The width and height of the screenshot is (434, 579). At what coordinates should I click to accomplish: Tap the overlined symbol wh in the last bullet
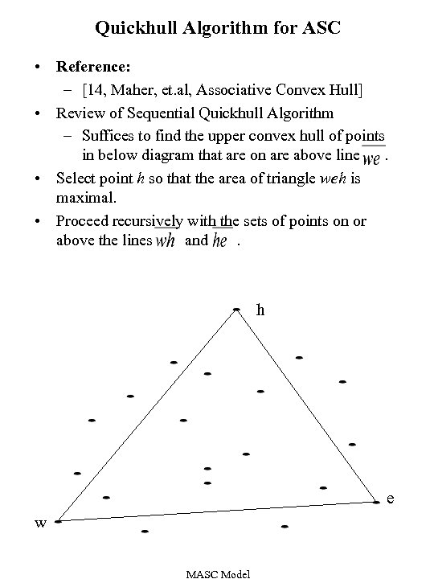click(x=166, y=241)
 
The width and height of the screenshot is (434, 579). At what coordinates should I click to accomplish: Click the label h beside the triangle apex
click(x=260, y=309)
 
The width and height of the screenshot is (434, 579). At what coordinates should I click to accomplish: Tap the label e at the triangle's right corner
click(x=390, y=499)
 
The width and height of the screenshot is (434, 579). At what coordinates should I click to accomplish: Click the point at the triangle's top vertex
click(x=236, y=309)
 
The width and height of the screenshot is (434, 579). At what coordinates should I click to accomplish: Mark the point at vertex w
click(x=58, y=521)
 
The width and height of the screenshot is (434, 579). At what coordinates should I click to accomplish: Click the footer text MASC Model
click(x=218, y=573)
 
